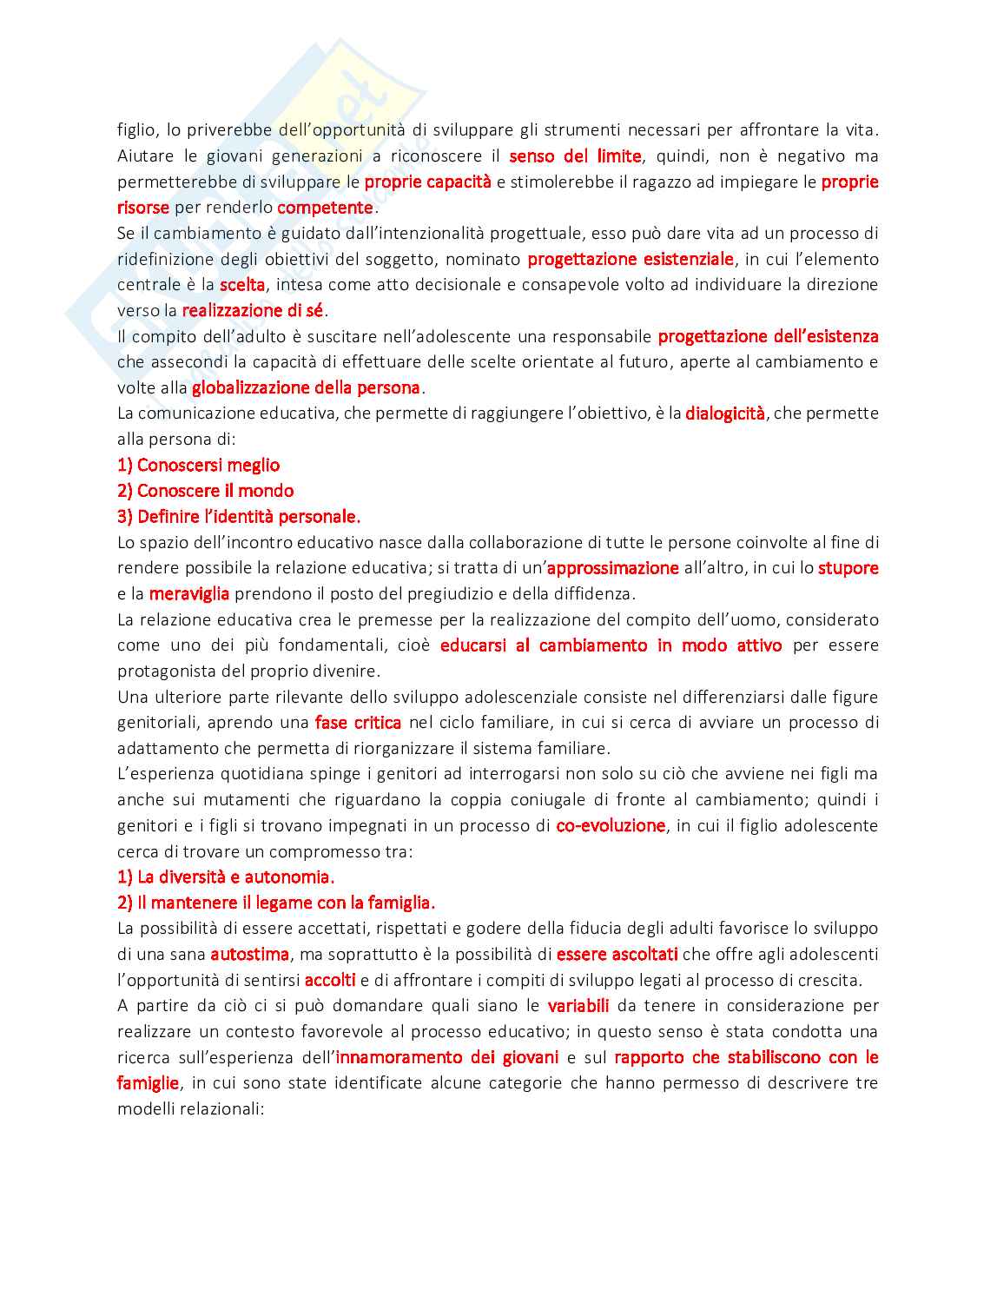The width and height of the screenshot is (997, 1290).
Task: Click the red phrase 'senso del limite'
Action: click(575, 156)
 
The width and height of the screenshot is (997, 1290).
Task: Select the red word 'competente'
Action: click(325, 208)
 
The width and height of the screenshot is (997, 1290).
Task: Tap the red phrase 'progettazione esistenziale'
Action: click(631, 259)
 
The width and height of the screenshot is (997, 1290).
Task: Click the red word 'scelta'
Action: click(242, 285)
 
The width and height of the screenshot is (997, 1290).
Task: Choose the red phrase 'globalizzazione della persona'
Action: click(306, 387)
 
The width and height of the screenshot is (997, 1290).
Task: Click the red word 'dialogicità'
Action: click(725, 413)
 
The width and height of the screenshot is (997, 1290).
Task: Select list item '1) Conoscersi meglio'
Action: click(199, 465)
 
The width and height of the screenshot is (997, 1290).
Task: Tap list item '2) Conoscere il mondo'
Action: click(206, 491)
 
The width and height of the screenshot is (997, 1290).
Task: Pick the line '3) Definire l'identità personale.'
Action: click(239, 517)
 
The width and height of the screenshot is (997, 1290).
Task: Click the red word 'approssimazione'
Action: click(613, 568)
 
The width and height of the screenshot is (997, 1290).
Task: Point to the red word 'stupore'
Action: click(848, 568)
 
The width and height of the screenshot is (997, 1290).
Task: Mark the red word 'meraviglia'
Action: click(189, 594)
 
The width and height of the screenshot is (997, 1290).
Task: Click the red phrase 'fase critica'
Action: click(358, 723)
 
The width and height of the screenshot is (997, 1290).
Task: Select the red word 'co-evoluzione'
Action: click(611, 825)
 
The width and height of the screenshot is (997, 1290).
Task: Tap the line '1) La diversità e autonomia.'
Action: click(226, 877)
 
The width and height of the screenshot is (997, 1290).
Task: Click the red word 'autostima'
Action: click(249, 954)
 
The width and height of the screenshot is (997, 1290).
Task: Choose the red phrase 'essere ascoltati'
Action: click(617, 954)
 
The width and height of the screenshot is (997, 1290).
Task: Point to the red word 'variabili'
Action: click(578, 1006)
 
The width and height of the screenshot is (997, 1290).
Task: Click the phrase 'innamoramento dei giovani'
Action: click(447, 1057)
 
